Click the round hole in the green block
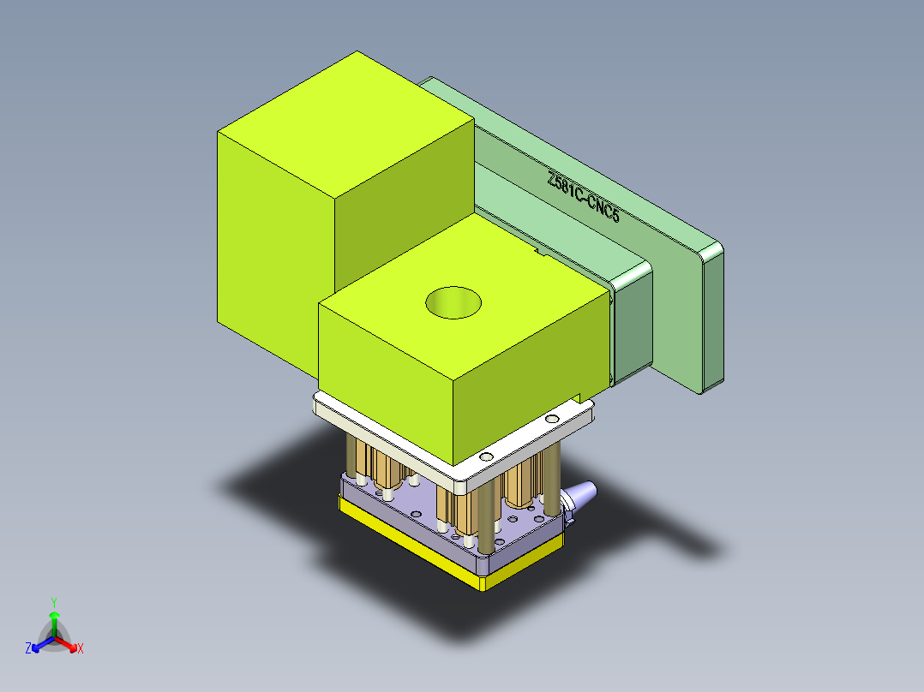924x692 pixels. click(x=453, y=302)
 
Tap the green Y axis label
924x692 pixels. click(x=53, y=602)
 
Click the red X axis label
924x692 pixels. click(x=81, y=648)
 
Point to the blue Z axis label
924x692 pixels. click(x=28, y=648)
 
